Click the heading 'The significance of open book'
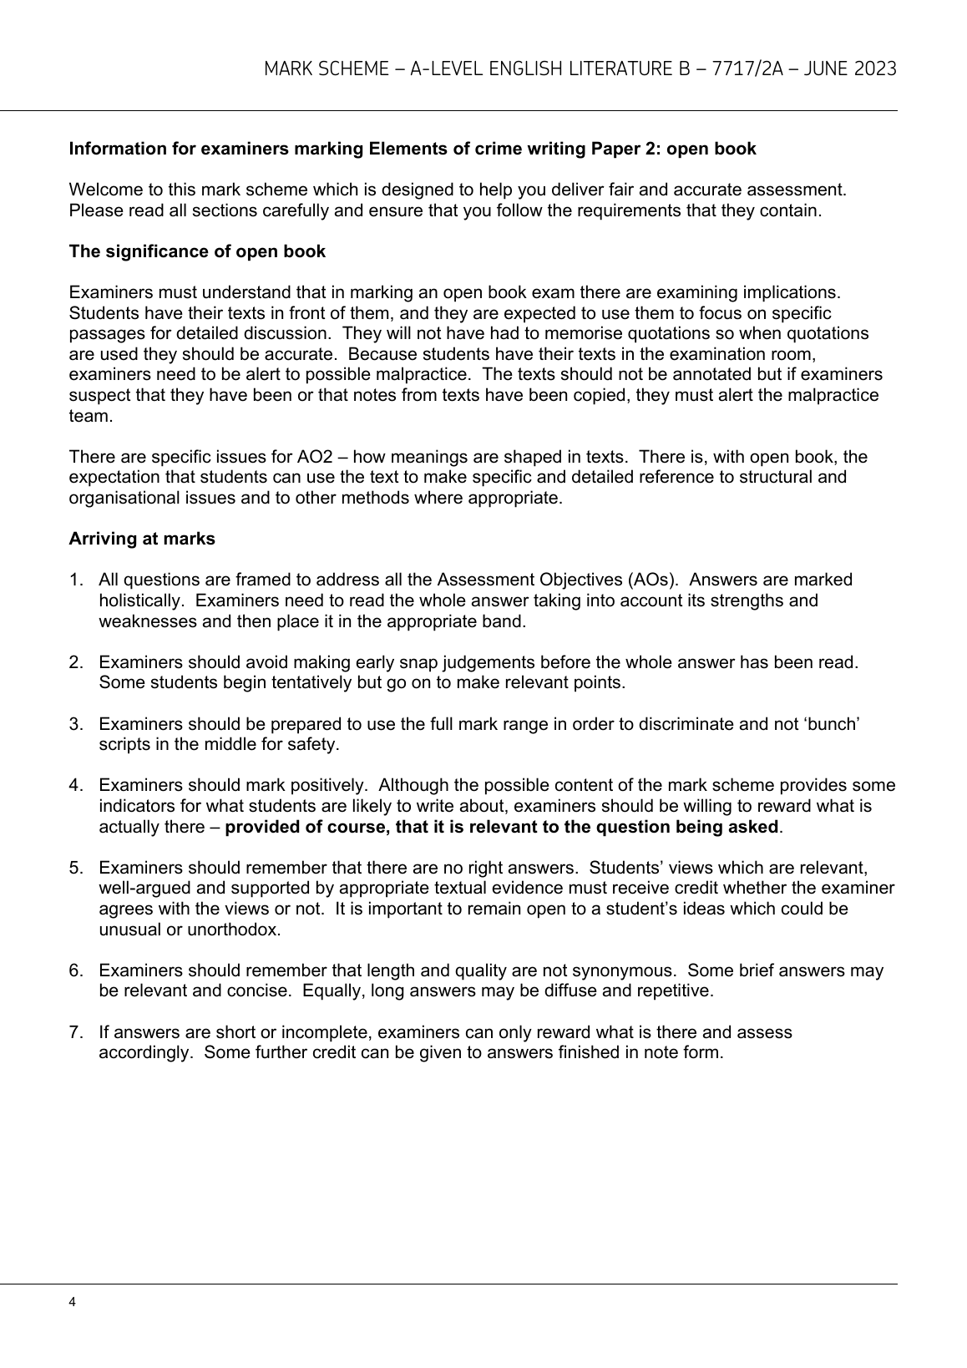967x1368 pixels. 197,251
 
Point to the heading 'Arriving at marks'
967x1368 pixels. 142,539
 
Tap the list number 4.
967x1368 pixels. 75,785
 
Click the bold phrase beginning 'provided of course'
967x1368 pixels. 501,827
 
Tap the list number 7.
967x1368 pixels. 75,1032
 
